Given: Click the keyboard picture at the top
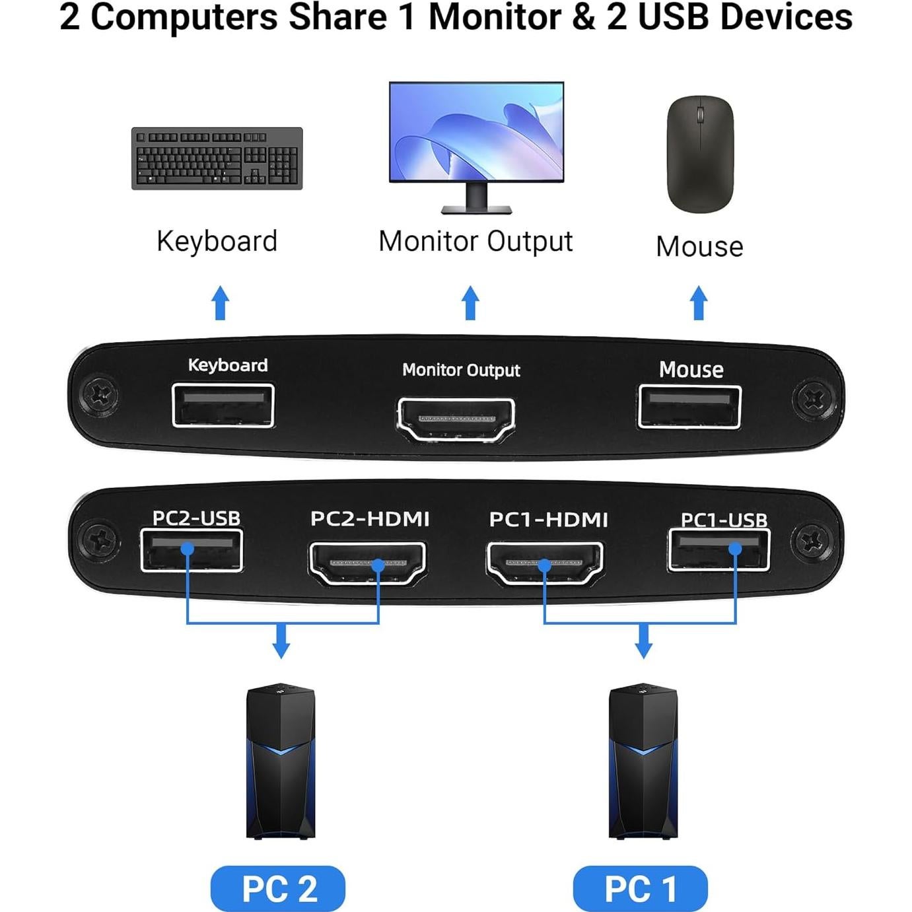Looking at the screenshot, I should pos(217,158).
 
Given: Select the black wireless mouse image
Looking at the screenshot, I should pos(700,155).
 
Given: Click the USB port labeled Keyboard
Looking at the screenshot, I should pos(223,405).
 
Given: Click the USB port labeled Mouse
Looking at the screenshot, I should pos(689,406).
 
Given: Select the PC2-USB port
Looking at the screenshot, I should pos(192,550).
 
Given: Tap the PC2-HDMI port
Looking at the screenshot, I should pos(368,563).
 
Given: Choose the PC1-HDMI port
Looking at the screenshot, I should pos(545,563).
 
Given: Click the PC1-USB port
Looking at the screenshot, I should pos(719,549).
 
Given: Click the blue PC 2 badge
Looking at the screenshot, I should pos(278,888).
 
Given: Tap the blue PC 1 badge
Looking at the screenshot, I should pos(640,888).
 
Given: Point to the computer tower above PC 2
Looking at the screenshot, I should pos(281,761).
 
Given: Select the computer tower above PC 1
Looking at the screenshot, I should pos(643,761).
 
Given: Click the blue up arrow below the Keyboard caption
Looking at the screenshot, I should pos(221,303).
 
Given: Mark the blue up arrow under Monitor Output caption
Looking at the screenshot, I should pos(470,303).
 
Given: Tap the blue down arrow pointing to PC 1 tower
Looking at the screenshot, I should pos(643,640).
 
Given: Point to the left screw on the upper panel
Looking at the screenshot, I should pos(101,396).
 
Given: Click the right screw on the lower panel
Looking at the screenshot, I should pos(811,541).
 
